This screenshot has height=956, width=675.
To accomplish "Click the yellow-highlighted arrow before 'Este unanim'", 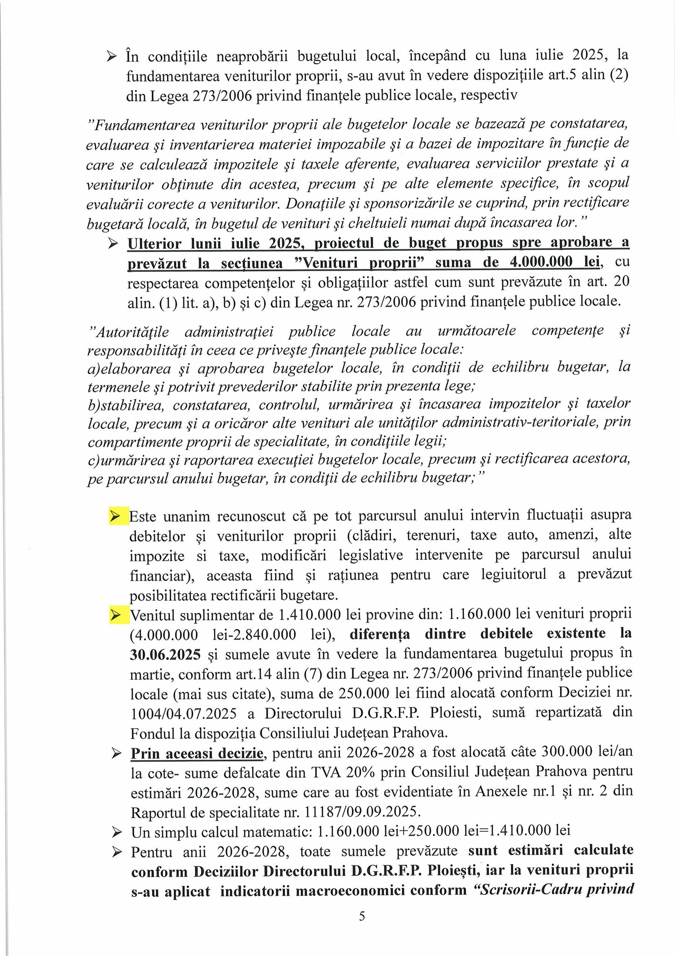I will coord(115,516).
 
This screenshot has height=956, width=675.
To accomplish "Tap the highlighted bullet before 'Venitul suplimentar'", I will coord(115,615).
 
